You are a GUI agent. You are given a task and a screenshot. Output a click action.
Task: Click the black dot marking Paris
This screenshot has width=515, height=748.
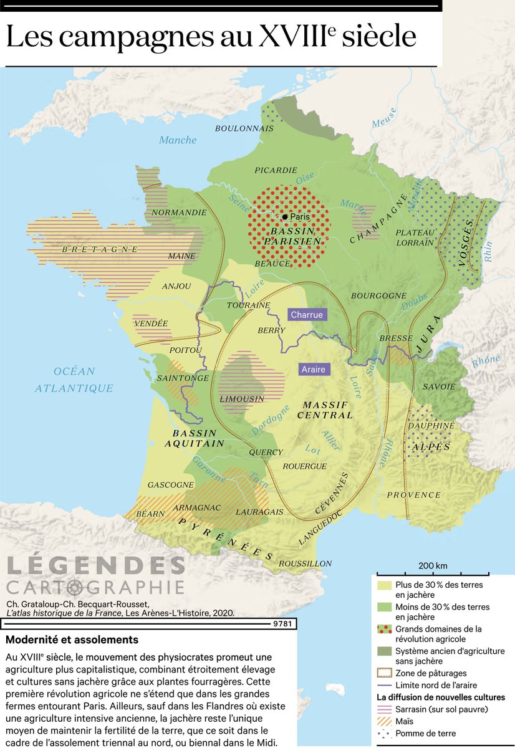coord(285,217)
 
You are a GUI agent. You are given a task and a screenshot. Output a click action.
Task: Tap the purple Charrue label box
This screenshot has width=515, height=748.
coord(306,315)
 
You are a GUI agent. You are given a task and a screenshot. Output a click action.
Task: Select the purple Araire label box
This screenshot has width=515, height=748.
coord(314,369)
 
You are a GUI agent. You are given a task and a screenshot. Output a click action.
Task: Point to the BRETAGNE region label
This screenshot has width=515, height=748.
coord(100,249)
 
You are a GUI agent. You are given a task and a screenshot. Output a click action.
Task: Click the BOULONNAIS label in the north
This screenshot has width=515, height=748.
coord(244,128)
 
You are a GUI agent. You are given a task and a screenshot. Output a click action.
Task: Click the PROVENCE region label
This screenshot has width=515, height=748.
coord(414,495)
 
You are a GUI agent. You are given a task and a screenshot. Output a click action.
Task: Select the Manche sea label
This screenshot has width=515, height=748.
coord(178,140)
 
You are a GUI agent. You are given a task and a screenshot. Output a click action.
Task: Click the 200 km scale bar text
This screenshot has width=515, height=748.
coord(433,566)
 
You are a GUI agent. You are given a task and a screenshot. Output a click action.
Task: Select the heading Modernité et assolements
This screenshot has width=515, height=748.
coord(72,640)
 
